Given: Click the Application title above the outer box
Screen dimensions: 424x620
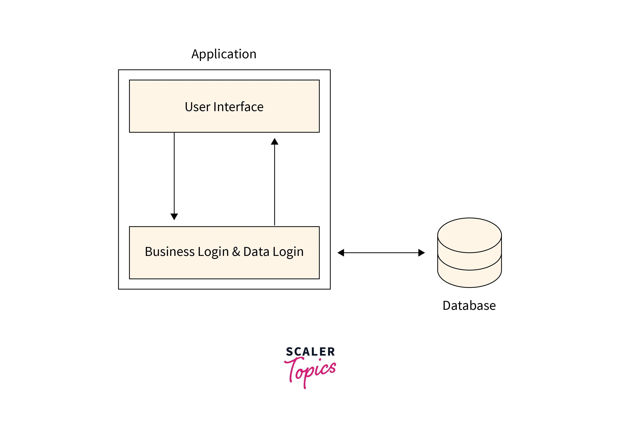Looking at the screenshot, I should [224, 54].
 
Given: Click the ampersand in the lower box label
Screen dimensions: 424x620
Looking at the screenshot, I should [236, 252].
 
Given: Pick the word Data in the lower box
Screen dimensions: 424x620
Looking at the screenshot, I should [256, 252].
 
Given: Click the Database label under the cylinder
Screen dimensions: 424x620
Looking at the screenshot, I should [469, 305].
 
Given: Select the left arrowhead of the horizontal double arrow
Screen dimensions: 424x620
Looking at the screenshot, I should [341, 253].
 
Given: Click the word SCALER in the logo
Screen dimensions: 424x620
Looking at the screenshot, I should [310, 352].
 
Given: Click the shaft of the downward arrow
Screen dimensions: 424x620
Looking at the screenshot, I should [174, 173].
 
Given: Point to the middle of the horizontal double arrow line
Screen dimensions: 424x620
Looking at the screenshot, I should [381, 253].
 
